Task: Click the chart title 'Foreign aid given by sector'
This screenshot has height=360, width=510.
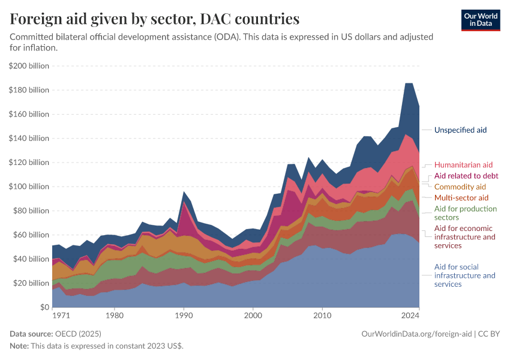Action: [x=155, y=19]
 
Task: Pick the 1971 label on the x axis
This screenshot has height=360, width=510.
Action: [x=60, y=314]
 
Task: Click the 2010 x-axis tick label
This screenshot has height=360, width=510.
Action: [x=322, y=314]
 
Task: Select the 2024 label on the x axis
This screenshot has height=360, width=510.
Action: [x=411, y=314]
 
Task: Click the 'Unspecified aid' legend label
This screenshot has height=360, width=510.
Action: [x=460, y=130]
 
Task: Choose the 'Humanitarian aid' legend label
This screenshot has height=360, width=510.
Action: [x=463, y=164]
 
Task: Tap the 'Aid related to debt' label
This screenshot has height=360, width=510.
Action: [x=466, y=176]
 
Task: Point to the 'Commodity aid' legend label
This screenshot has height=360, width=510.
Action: [x=460, y=187]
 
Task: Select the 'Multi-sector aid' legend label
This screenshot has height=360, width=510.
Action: [x=461, y=197]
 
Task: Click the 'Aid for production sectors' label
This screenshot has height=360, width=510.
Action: [x=466, y=213]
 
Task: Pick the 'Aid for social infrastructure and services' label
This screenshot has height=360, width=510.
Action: [x=465, y=275]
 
